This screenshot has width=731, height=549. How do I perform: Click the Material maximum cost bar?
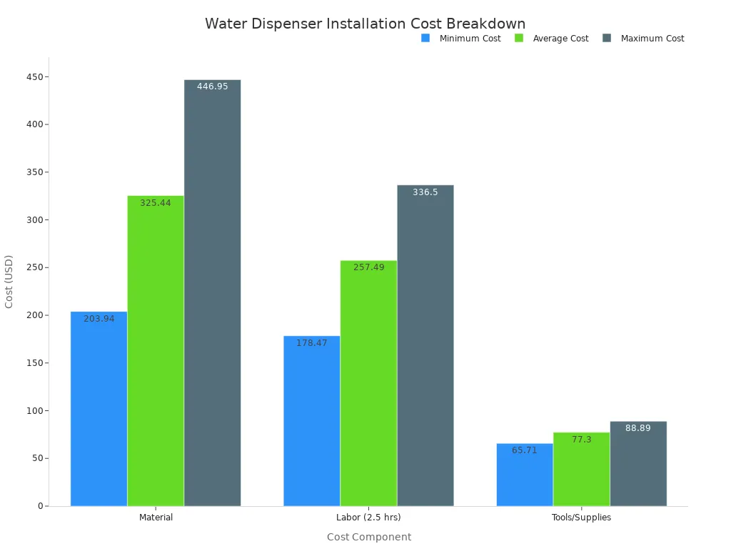(x=212, y=293)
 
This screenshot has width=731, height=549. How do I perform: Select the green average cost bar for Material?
(x=156, y=350)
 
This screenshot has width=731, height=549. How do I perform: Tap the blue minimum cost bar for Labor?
(x=311, y=421)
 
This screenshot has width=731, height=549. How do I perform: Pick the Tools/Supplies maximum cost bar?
(x=638, y=464)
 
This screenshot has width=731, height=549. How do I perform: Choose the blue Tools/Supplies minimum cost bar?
(x=525, y=475)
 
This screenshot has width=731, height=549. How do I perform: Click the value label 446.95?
(x=212, y=86)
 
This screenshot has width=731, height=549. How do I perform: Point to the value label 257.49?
(x=368, y=267)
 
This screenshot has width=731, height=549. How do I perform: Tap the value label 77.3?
(x=581, y=440)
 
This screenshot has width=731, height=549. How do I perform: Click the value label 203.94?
(x=99, y=319)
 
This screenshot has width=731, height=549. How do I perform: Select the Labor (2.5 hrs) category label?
(x=368, y=518)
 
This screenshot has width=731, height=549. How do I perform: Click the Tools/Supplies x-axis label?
(x=581, y=518)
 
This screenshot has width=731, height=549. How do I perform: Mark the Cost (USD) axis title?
(x=9, y=282)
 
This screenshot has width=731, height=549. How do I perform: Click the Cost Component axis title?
(x=368, y=537)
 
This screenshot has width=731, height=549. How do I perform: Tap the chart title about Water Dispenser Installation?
(x=365, y=24)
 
